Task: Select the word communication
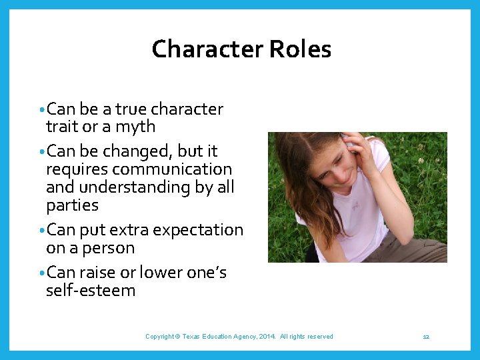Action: click(173, 169)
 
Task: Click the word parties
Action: click(72, 205)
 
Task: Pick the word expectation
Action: click(198, 230)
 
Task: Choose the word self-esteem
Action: click(91, 291)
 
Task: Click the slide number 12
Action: click(426, 337)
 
